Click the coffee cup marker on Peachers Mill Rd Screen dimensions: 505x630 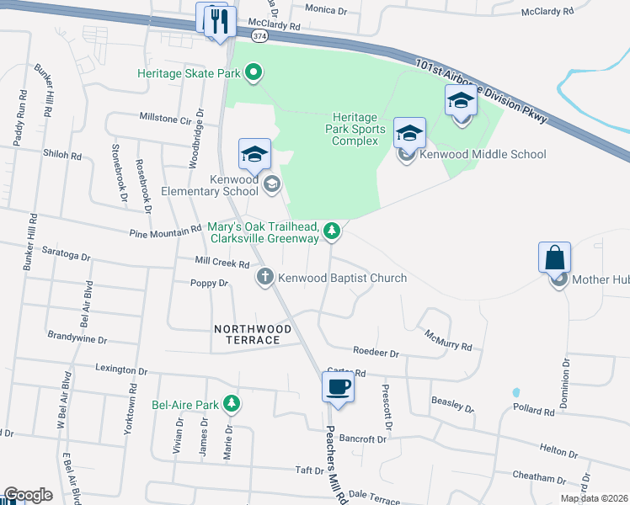338,387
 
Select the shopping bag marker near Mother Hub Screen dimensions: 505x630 555,258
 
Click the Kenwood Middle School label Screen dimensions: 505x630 483,154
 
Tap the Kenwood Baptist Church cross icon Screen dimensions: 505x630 264,277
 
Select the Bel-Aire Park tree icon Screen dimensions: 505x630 231,405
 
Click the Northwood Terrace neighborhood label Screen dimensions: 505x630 247,334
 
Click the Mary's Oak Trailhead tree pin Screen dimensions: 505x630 333,230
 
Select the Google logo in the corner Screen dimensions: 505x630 28,495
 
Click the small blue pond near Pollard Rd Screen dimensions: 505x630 515,392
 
